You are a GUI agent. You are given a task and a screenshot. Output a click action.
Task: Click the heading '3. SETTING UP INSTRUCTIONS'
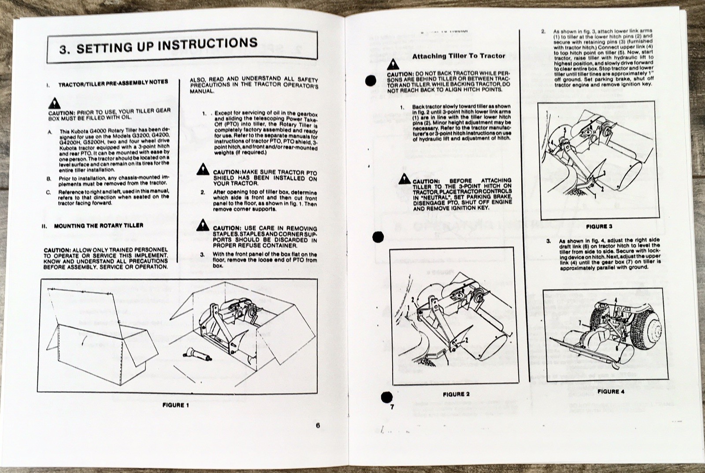pyautogui.click(x=159, y=45)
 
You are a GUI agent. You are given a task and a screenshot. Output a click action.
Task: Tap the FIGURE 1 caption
pyautogui.click(x=175, y=405)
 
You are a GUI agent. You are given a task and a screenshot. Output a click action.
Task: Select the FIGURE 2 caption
pyautogui.click(x=456, y=394)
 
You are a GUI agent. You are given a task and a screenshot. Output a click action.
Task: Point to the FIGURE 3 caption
pyautogui.click(x=599, y=226)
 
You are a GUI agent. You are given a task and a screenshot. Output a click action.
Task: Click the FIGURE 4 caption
pyautogui.click(x=611, y=391)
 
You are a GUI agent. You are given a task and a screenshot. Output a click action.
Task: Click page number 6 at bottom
pyautogui.click(x=317, y=425)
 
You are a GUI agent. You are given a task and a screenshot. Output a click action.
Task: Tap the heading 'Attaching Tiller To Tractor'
pyautogui.click(x=458, y=56)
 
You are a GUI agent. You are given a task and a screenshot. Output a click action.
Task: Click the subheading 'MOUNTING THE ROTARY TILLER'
pyautogui.click(x=98, y=225)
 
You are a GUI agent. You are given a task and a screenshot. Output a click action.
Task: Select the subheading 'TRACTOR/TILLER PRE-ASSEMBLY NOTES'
pyautogui.click(x=113, y=82)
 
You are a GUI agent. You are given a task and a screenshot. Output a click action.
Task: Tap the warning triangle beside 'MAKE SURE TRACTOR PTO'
pyautogui.click(x=203, y=169)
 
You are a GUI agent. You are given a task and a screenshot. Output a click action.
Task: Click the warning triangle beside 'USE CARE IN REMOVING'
pyautogui.click(x=203, y=225)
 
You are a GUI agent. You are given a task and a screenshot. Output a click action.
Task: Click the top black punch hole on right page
pyautogui.click(x=371, y=81)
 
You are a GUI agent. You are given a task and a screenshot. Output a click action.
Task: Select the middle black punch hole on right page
pyautogui.click(x=378, y=237)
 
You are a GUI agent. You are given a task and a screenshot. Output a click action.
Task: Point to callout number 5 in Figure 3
pyautogui.click(x=564, y=130)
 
